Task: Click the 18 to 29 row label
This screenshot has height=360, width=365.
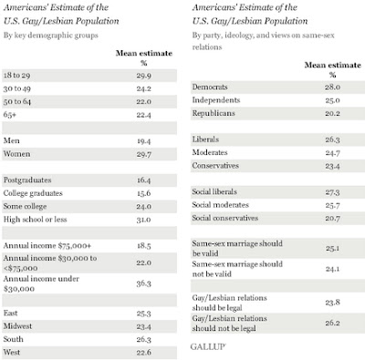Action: coord(16,76)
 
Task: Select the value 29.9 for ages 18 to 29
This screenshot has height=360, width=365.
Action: coord(144,76)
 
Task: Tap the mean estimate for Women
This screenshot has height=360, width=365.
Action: coord(144,154)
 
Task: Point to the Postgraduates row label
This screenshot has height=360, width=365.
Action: coord(27,180)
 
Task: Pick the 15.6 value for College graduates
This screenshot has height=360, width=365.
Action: coord(144,193)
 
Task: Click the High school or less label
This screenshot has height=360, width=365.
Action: coord(35,220)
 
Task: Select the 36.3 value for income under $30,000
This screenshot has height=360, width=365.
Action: coord(144,283)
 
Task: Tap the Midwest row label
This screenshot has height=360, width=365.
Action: coord(17,326)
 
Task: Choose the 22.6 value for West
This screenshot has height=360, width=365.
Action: coord(144,353)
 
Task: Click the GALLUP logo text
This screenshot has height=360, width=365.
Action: coord(208,346)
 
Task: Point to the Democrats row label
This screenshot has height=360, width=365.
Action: coord(210,87)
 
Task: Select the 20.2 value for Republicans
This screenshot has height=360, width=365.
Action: coord(332,113)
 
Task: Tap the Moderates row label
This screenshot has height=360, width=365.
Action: coord(210,152)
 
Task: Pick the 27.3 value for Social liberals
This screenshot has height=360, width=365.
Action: coord(332,192)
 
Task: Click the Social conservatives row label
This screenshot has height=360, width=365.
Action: coord(225,218)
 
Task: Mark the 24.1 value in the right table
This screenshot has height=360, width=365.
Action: coord(332,269)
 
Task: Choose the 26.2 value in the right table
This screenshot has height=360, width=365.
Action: coord(332,323)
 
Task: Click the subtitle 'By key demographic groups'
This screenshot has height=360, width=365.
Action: coord(51,36)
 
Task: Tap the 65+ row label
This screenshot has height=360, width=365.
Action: coord(10,115)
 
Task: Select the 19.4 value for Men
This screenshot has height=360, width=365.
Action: coord(144,141)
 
